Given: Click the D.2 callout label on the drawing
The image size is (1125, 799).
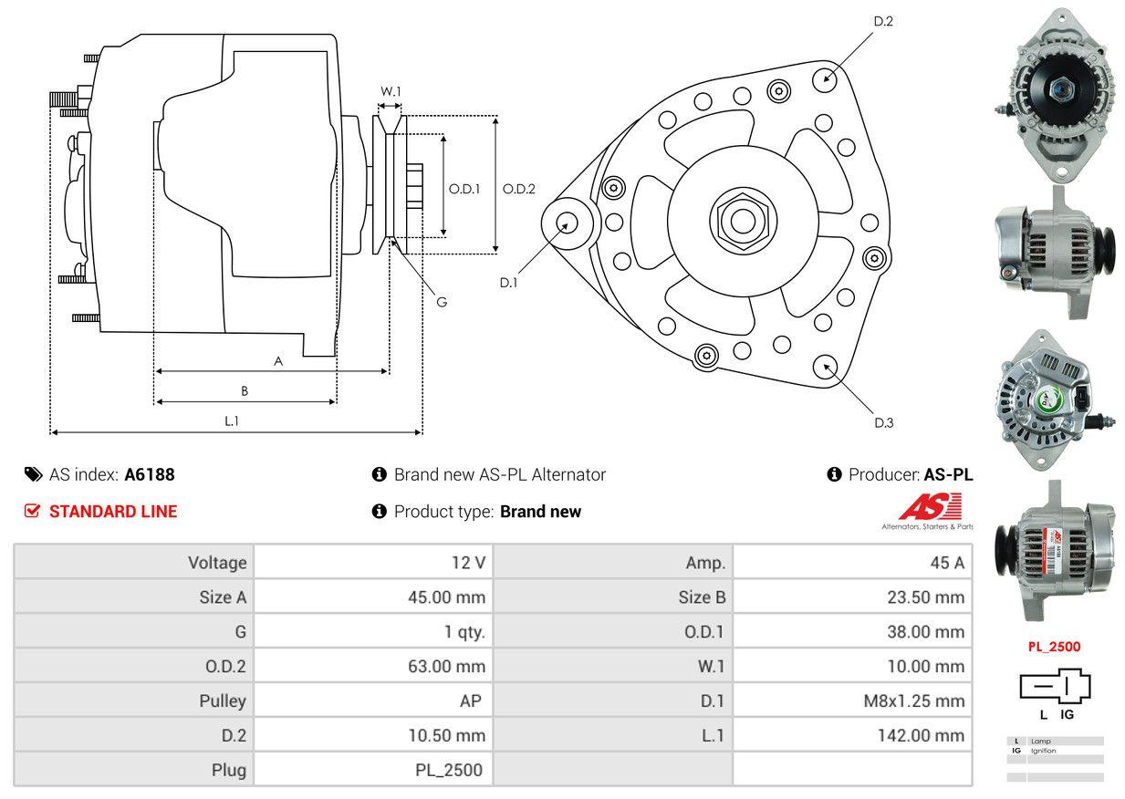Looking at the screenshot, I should (882, 21).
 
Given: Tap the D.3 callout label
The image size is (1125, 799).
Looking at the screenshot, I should (883, 422).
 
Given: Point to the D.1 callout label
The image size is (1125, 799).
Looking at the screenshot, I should (508, 283).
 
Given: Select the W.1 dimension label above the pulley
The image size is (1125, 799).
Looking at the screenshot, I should (391, 91).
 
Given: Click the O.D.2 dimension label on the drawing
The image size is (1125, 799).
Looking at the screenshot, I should (519, 189).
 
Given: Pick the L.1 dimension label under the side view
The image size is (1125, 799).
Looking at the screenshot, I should (232, 420).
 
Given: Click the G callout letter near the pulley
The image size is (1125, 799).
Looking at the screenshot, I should (441, 302).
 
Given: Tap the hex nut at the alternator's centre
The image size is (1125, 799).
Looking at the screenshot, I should (738, 220).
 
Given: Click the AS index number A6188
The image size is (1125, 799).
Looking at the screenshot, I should (150, 474).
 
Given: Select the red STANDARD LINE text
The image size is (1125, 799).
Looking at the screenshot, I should (113, 512).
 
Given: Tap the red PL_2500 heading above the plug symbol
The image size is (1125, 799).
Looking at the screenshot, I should (1054, 647).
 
